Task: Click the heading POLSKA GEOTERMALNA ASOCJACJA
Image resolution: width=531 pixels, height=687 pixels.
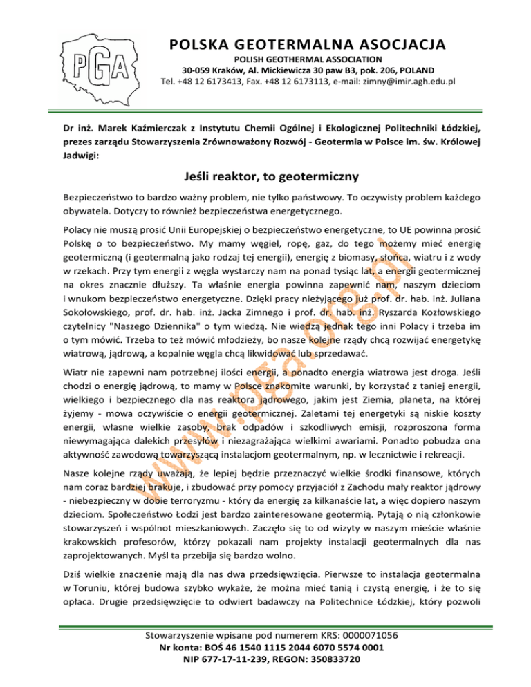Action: pyautogui.click(x=306, y=45)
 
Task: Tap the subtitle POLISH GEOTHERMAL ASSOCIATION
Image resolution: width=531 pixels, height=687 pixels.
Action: pyautogui.click(x=306, y=59)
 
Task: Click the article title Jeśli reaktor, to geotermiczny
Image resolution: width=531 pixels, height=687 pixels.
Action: pyautogui.click(x=265, y=177)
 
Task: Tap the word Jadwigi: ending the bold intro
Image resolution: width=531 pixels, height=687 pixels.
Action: pyautogui.click(x=80, y=157)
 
